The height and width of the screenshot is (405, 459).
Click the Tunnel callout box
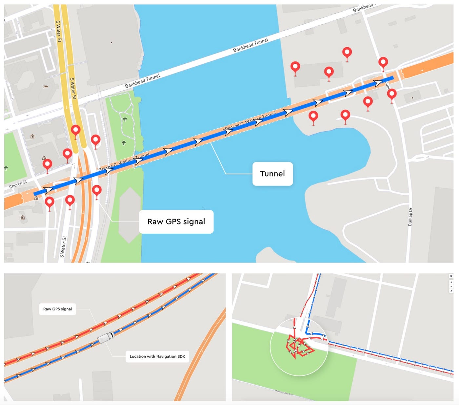[x=272, y=174]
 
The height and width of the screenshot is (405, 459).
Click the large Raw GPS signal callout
[x=176, y=222]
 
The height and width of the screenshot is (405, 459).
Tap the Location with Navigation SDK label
[x=157, y=356]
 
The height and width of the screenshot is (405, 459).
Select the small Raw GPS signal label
[x=57, y=309]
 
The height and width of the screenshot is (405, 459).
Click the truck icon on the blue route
[x=106, y=337]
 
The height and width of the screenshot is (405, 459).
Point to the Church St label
[x=18, y=184]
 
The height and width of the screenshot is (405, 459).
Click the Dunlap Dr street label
[x=410, y=217]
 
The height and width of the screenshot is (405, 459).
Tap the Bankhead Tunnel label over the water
[x=250, y=45]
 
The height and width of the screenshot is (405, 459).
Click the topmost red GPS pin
[x=347, y=53]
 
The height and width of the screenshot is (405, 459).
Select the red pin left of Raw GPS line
[x=96, y=190]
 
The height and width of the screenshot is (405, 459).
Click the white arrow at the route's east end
[x=379, y=82]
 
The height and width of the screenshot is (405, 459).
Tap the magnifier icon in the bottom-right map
[x=451, y=276]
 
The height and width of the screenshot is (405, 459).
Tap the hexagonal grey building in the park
[x=130, y=215]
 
